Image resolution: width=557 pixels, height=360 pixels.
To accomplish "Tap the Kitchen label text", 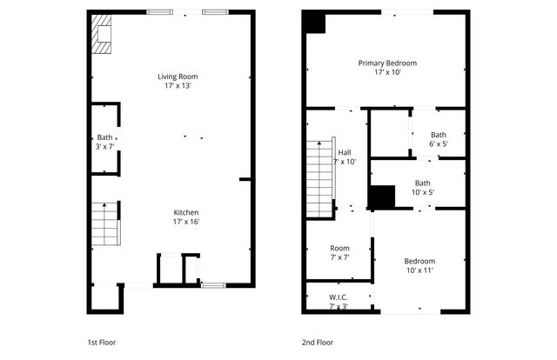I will (186, 213).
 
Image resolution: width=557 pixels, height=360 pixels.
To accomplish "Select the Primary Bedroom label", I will (387, 63).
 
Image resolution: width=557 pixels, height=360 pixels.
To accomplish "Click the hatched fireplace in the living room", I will (102, 34).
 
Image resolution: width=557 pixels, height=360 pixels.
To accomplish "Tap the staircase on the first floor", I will (105, 224).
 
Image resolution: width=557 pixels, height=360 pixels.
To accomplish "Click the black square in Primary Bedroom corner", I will (314, 23).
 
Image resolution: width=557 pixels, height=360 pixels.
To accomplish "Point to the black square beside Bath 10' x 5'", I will (381, 197).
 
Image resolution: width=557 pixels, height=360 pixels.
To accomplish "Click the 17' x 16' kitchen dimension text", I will (186, 223).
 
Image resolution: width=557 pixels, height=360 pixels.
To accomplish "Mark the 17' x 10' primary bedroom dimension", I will (387, 73).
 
